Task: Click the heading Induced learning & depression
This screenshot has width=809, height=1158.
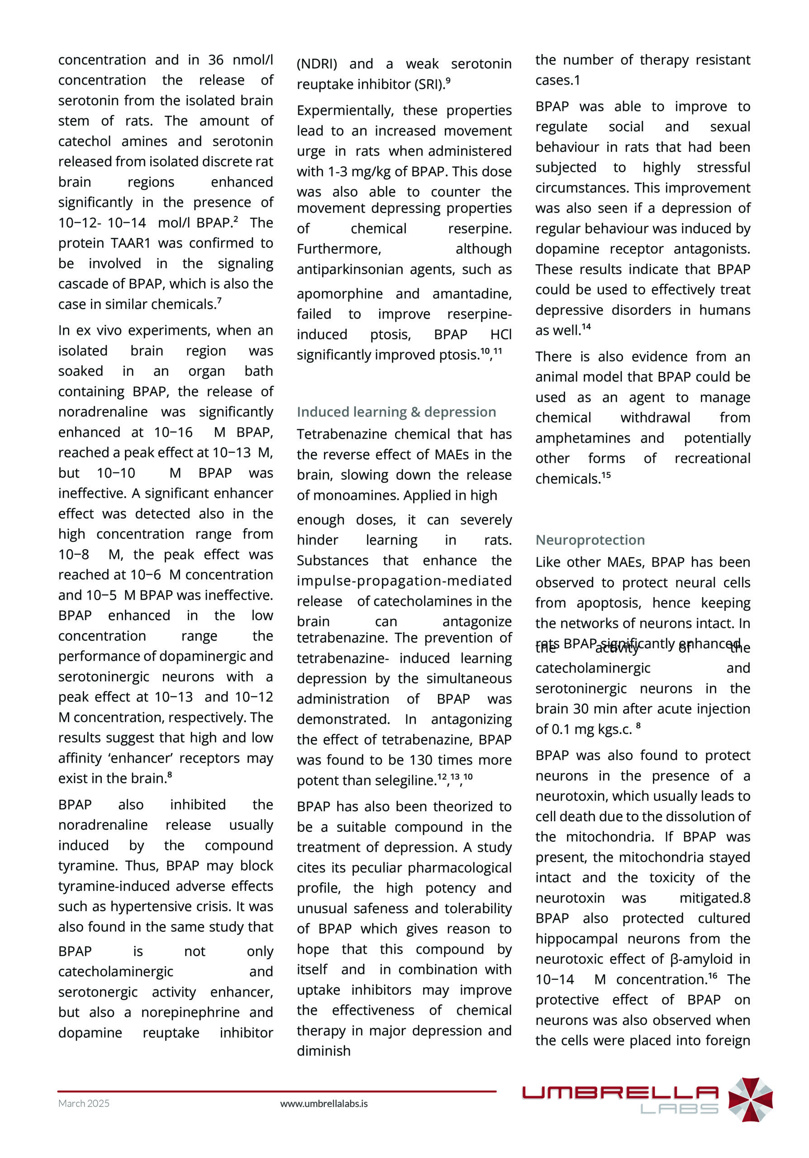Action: (396, 412)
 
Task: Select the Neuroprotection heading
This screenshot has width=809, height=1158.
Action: (590, 540)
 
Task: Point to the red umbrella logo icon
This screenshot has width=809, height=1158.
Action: (750, 1099)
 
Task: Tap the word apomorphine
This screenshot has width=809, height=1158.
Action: (339, 294)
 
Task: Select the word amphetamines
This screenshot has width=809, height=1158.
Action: (582, 438)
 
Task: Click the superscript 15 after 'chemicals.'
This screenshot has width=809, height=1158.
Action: (606, 475)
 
